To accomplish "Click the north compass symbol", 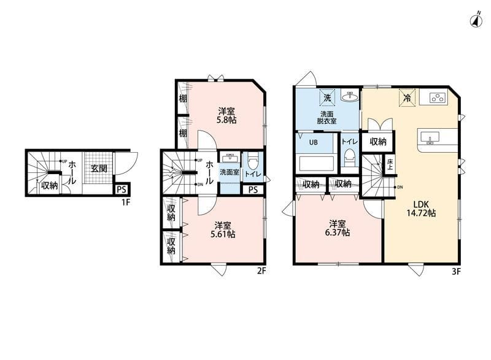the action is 476,20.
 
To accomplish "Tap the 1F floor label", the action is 126,202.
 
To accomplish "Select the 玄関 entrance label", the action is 99,169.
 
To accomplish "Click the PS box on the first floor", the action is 122,190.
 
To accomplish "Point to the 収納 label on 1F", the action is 50,185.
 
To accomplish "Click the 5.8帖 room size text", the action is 226,120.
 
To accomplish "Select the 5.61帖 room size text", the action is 223,234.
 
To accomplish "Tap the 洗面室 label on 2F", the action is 229,172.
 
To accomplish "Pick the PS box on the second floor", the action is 253,190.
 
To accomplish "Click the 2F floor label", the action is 261,271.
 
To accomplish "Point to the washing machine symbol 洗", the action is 327,98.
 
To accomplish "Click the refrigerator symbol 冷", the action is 407,98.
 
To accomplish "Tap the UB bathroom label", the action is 314,142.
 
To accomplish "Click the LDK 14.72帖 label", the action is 421,209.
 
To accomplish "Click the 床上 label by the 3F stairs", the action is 390,164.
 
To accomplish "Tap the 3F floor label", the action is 456,272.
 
